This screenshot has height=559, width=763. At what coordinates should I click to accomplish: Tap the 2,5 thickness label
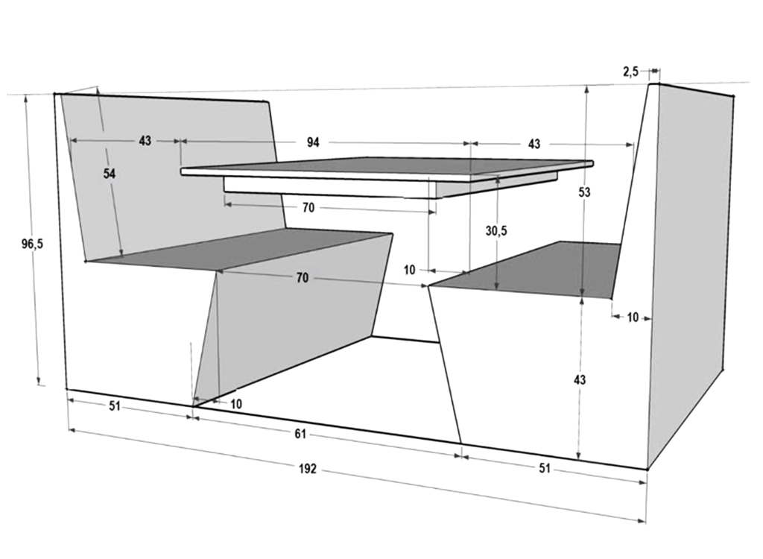(630, 72)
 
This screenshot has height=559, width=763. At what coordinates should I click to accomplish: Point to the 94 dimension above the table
(313, 143)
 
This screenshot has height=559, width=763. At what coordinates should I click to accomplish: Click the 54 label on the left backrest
(109, 173)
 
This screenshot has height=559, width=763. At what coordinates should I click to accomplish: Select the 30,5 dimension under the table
(496, 231)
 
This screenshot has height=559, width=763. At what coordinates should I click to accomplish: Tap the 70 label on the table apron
(308, 208)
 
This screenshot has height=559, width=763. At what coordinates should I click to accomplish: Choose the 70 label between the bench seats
(303, 278)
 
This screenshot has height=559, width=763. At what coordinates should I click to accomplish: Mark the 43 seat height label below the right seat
(580, 379)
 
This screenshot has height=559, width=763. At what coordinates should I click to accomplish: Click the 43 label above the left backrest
(145, 141)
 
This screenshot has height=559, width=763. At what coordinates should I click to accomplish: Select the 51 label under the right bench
(545, 468)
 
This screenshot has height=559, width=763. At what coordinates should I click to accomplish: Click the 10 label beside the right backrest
(633, 317)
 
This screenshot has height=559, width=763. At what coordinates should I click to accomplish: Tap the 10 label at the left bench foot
(236, 403)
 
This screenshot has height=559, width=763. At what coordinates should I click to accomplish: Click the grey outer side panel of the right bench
(689, 261)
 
